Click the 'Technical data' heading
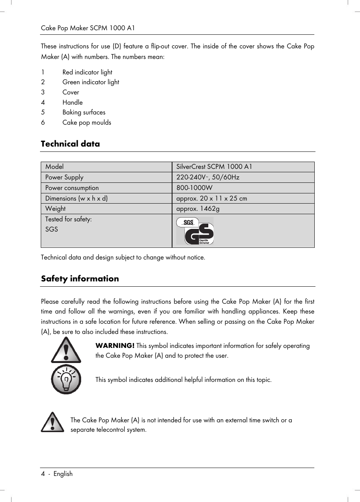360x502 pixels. click(x=70, y=144)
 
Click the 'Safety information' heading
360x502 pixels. click(x=80, y=279)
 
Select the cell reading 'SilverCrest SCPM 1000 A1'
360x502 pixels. click(x=214, y=167)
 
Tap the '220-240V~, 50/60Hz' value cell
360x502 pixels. click(x=208, y=177)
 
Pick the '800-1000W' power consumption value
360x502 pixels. click(x=194, y=188)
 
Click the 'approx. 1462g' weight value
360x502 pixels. click(x=198, y=209)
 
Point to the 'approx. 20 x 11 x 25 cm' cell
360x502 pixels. click(x=211, y=198)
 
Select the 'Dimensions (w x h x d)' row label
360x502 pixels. click(x=76, y=198)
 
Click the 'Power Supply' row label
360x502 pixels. click(x=64, y=177)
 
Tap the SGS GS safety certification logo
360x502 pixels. click(x=195, y=231)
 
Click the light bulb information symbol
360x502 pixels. click(x=66, y=379)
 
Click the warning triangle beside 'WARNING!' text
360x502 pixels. click(x=66, y=351)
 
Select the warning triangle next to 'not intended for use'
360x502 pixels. click(x=52, y=422)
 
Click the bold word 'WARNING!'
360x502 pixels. click(x=115, y=346)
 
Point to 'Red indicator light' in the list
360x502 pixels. click(x=87, y=72)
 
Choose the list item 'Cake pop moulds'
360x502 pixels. click(x=87, y=122)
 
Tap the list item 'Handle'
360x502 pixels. click(x=72, y=102)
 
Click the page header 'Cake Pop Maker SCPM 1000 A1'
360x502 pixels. click(x=88, y=28)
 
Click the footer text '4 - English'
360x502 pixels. click(x=57, y=474)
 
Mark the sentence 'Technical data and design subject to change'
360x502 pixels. click(x=123, y=257)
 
